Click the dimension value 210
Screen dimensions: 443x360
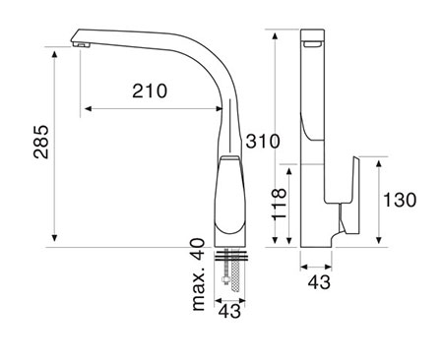point(150,90)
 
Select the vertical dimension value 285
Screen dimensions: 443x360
point(41,142)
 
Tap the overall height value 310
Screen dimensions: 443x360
point(263,141)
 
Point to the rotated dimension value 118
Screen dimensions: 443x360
point(279,204)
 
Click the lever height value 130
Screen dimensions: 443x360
point(400,200)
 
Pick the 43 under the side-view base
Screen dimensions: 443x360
point(319,282)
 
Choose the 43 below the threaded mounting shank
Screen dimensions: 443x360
point(229,311)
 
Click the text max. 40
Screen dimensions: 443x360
point(198,274)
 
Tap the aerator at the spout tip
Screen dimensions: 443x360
point(81,45)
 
